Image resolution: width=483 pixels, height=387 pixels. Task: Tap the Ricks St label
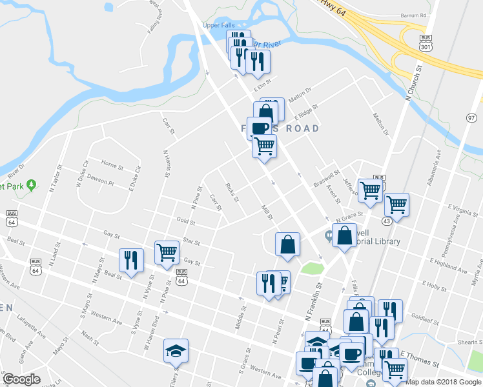click(233, 192)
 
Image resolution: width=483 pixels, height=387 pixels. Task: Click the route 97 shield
click(471, 117)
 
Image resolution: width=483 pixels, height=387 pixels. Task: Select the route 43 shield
click(386, 221)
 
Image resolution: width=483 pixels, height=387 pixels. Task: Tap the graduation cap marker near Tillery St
click(176, 350)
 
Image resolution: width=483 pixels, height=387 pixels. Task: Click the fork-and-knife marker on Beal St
click(131, 260)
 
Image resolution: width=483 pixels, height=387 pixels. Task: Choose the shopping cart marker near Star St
click(167, 252)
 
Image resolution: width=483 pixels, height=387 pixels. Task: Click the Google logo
click(21, 379)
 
